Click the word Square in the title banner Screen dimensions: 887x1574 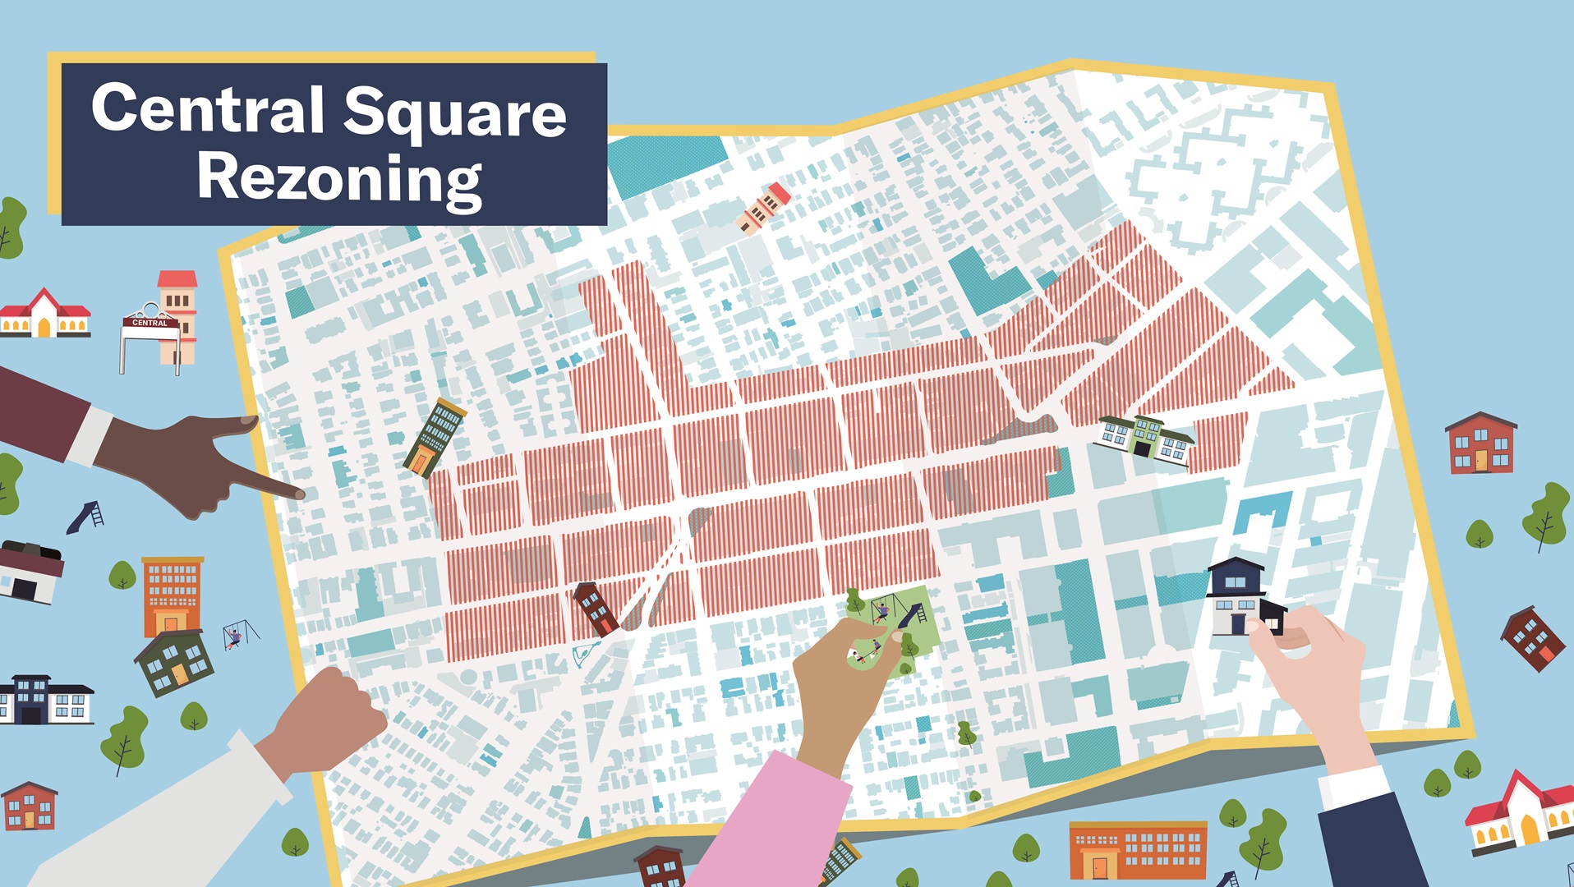tap(454, 113)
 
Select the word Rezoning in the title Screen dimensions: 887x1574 tap(338, 178)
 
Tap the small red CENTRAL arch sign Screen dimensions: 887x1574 tap(150, 322)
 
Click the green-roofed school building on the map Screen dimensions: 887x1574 tap(1144, 436)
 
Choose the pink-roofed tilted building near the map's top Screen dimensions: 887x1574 tap(765, 207)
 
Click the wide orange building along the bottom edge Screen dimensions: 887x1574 tap(1138, 851)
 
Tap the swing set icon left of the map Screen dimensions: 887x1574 tap(238, 635)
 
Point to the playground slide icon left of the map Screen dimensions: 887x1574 tap(85, 517)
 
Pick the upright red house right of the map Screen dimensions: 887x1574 tap(1480, 443)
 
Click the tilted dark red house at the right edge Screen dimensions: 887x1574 tap(1532, 638)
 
